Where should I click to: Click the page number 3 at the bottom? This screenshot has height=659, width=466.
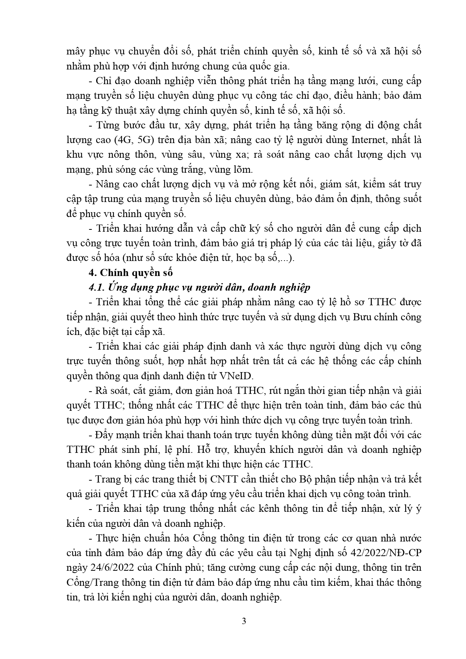[244, 631]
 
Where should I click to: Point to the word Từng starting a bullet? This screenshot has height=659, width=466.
[107, 125]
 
